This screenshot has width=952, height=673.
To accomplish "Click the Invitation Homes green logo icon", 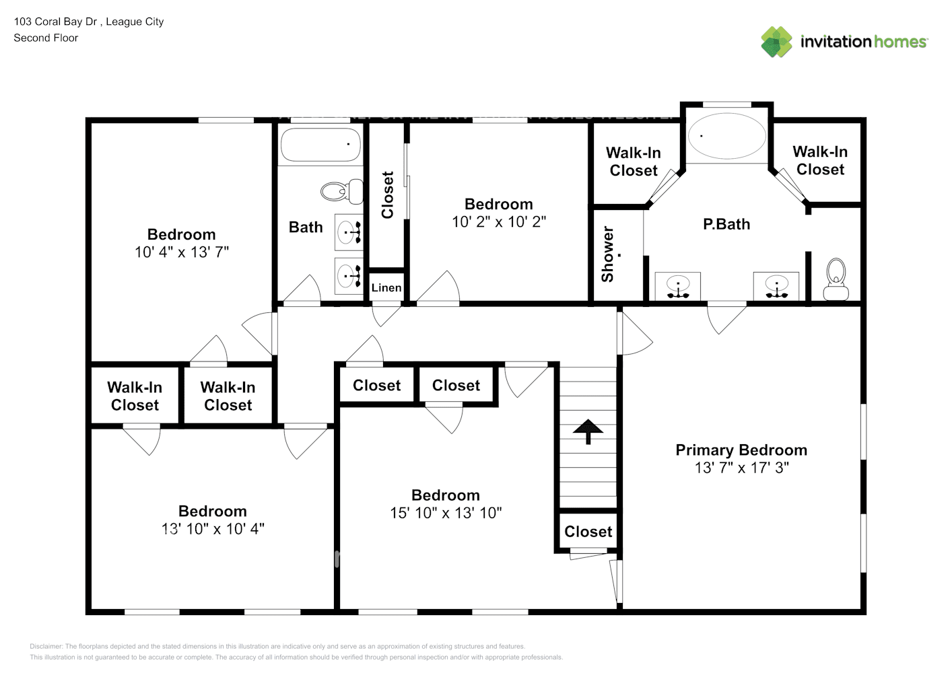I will click(776, 42).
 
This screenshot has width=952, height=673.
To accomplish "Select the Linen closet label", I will click(386, 288).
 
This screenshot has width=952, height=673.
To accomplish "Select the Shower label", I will click(608, 254).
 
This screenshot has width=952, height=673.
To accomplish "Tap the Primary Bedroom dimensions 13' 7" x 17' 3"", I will click(741, 468).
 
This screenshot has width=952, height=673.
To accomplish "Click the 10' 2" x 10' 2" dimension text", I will click(498, 222).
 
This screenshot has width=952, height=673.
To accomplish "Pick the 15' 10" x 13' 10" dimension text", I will click(446, 513).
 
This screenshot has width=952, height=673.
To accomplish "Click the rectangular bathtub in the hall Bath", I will click(320, 144).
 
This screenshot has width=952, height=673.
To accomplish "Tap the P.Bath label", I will click(726, 224).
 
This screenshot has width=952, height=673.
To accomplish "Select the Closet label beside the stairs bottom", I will click(588, 532).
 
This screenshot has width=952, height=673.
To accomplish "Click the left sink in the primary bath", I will click(677, 286).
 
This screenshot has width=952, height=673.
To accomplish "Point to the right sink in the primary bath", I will click(776, 286).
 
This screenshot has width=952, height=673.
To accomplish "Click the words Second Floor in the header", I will click(46, 38).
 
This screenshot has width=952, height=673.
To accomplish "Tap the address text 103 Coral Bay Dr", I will click(57, 22).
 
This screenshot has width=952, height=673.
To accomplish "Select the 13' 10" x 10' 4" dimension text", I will click(213, 529).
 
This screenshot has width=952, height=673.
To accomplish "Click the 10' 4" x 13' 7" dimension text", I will click(181, 252).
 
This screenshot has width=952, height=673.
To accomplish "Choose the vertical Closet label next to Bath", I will click(388, 194).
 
